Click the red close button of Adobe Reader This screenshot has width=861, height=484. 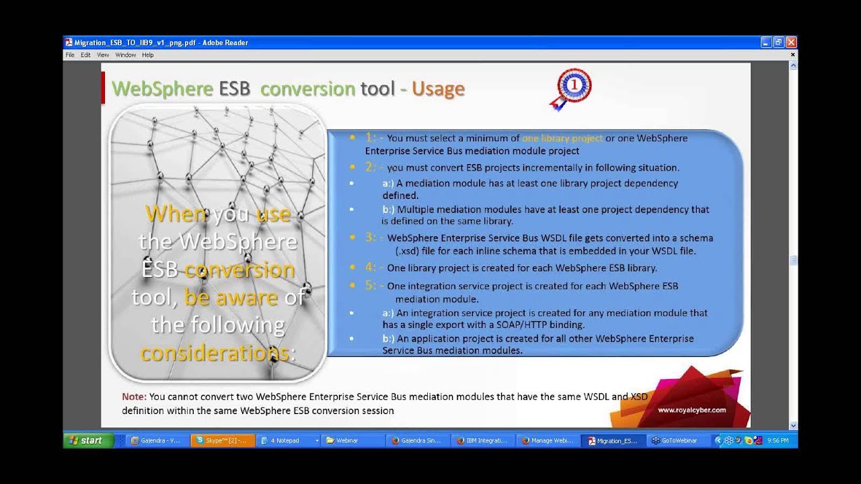[x=791, y=42]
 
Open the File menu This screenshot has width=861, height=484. [x=70, y=55]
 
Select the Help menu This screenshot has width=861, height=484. [x=147, y=55]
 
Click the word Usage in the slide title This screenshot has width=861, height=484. [x=438, y=89]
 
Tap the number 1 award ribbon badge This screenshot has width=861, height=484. [x=573, y=87]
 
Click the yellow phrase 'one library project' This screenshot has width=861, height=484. [x=562, y=138]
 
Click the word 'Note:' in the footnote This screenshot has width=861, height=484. [x=134, y=397]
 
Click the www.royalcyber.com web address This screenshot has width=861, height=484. [x=691, y=410]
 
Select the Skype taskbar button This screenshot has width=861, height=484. [x=223, y=440]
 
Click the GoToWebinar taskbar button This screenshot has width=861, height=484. [x=679, y=440]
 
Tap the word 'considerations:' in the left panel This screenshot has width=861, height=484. [x=218, y=353]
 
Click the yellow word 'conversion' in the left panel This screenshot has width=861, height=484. [x=239, y=270]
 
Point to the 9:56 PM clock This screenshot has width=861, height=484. [x=778, y=440]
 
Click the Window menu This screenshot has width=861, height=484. [x=125, y=55]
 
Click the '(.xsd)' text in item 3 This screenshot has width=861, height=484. [x=408, y=251]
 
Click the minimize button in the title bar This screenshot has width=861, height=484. [x=765, y=42]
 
